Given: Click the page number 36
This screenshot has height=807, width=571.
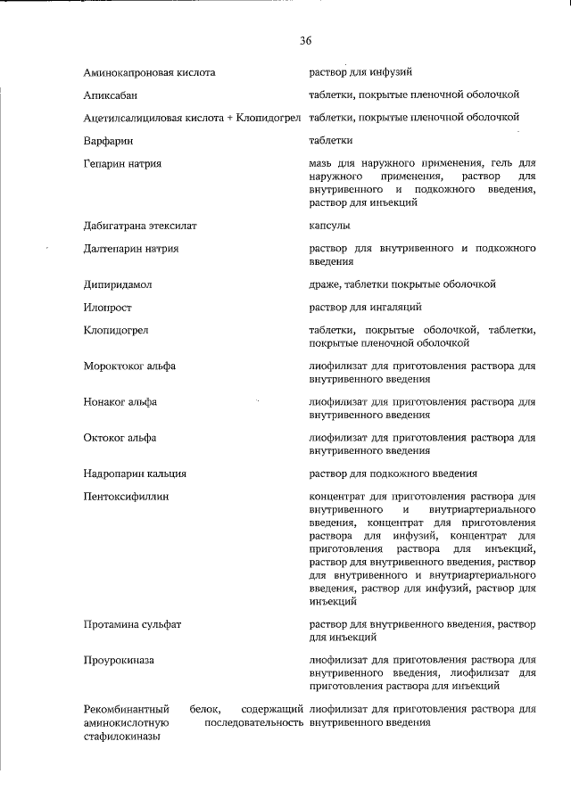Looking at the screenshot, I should click(x=306, y=41).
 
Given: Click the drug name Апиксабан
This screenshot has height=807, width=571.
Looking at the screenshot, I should click(x=111, y=95).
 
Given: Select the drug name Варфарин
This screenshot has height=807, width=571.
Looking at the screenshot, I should click(x=107, y=141).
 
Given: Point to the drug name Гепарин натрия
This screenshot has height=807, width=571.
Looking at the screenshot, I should click(x=122, y=164).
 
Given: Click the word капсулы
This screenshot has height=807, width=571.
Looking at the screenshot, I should click(x=329, y=226).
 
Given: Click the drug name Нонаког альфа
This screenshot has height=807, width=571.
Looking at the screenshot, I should click(x=120, y=402).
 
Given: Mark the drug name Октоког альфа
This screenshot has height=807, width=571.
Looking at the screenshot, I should click(x=120, y=438).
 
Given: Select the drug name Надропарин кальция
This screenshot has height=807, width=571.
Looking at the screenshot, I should click(x=134, y=473).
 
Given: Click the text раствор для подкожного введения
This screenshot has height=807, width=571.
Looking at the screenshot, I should click(x=393, y=473).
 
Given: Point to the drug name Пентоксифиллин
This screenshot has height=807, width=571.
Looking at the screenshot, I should click(x=126, y=496).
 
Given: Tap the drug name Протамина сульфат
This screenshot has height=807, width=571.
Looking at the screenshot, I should click(x=132, y=624).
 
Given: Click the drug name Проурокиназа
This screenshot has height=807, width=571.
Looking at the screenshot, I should click(x=120, y=660).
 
